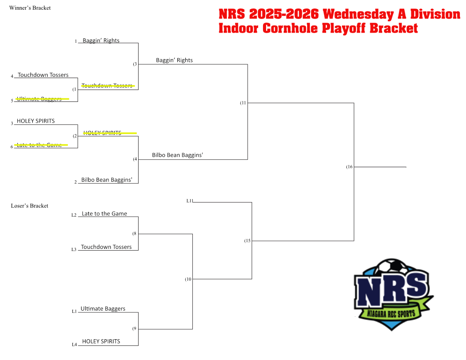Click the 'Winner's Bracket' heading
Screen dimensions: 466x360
(x=30, y=8)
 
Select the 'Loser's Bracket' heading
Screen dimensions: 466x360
(x=30, y=206)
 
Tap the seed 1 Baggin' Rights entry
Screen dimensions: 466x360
(x=101, y=41)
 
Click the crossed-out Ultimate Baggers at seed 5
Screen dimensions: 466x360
(x=39, y=99)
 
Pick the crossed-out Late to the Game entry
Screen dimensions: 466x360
(x=39, y=145)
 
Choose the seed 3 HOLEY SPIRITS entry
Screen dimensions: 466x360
(x=36, y=121)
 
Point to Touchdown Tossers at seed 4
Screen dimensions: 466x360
(x=43, y=75)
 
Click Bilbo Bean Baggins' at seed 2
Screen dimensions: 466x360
(x=107, y=180)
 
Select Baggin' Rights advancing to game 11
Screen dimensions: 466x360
(x=174, y=60)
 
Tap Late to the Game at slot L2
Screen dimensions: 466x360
(x=104, y=214)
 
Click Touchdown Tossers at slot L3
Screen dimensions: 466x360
(x=106, y=247)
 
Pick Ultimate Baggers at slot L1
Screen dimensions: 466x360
(x=103, y=309)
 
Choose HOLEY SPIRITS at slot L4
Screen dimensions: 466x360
(x=101, y=341)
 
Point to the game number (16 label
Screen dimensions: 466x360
(x=349, y=167)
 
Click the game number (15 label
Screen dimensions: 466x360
(x=247, y=241)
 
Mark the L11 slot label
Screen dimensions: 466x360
(x=190, y=201)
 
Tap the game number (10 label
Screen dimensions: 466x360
(x=188, y=279)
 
